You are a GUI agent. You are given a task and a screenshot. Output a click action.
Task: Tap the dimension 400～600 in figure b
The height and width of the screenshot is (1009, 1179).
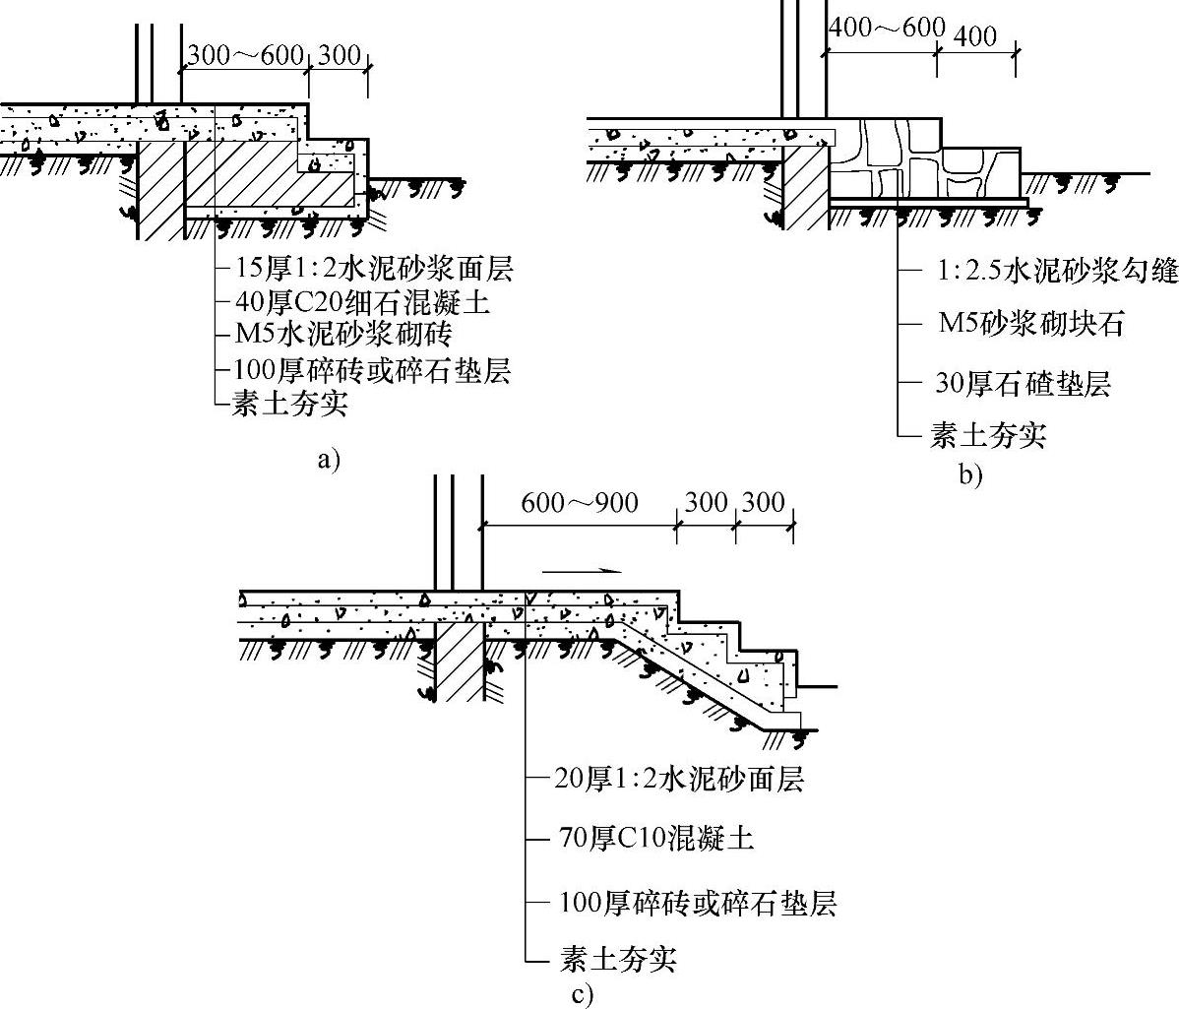(x=886, y=28)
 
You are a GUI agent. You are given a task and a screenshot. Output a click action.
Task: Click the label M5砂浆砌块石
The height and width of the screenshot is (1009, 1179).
(x=1029, y=324)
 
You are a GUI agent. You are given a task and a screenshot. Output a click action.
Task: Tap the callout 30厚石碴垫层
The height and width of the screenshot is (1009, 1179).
(x=1023, y=383)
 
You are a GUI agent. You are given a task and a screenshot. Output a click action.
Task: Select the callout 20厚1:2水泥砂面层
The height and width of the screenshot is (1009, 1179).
(x=680, y=779)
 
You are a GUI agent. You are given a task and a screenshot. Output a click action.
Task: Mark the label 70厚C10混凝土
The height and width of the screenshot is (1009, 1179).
(x=656, y=839)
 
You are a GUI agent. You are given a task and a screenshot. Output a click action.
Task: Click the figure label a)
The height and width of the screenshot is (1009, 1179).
(x=328, y=459)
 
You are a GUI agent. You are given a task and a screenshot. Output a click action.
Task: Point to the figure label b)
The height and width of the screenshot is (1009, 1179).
(x=970, y=476)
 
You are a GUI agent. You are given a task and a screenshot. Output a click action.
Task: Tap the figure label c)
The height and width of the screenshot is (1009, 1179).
(x=582, y=994)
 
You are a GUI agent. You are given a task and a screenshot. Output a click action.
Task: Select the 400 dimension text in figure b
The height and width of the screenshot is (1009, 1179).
(x=975, y=37)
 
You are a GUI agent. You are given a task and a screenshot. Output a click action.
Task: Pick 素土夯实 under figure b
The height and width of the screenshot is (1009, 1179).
(x=987, y=434)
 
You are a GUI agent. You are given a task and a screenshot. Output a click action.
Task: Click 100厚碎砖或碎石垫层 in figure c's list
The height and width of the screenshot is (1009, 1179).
(x=698, y=903)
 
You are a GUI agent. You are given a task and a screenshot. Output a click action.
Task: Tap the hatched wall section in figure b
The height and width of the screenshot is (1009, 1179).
(x=806, y=189)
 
